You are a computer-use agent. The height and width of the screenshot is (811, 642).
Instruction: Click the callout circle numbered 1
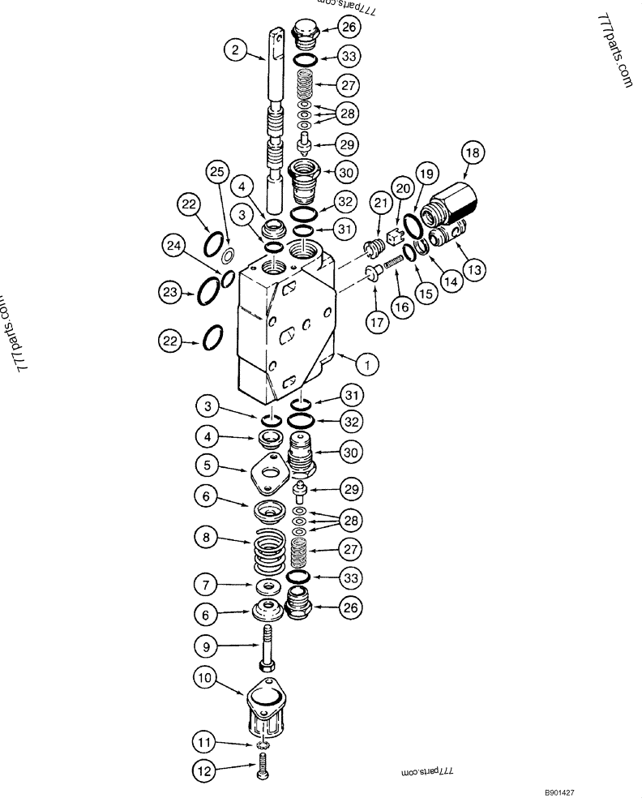click(x=367, y=365)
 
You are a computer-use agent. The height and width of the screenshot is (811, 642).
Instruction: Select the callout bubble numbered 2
click(x=235, y=49)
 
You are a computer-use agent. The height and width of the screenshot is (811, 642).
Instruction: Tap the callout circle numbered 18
click(x=473, y=152)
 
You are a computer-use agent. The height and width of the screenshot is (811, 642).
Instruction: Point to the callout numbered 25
click(x=216, y=171)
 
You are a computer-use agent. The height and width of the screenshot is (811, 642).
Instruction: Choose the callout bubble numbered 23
click(x=170, y=292)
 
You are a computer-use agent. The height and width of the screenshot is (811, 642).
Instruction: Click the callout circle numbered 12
click(x=204, y=771)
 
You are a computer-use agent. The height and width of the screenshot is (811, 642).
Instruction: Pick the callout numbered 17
click(x=377, y=322)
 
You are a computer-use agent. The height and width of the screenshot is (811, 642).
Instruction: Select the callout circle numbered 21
click(x=380, y=203)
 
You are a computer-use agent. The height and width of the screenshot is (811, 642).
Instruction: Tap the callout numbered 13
click(x=474, y=269)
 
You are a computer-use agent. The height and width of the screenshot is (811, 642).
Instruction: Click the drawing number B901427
click(x=559, y=792)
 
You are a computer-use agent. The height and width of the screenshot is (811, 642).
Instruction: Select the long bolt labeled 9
click(x=267, y=647)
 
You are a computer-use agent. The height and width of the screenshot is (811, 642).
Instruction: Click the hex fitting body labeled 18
click(x=450, y=202)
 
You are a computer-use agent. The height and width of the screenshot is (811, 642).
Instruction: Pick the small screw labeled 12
click(x=262, y=766)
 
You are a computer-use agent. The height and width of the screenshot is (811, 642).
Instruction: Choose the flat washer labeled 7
click(x=267, y=586)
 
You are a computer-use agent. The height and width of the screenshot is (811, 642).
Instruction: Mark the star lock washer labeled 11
click(x=263, y=744)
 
